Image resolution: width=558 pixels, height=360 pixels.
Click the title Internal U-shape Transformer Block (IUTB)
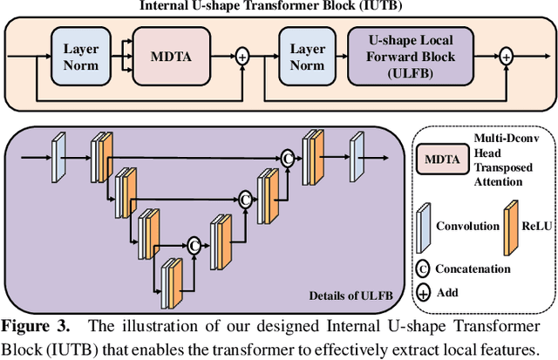pos(278,7)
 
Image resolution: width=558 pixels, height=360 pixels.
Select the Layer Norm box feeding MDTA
pos(80,56)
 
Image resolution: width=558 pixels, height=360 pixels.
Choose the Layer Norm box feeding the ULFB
pos(307,56)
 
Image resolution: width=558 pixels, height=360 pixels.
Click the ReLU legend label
pos(536,226)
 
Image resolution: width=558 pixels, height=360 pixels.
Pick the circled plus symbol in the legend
pos(423,294)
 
